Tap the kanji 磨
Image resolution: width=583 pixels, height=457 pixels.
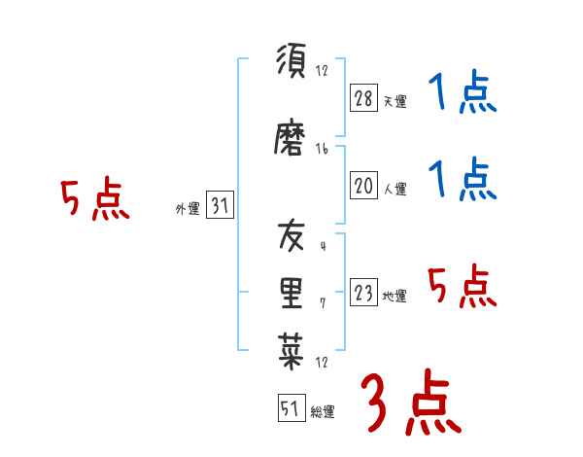pos(291,141)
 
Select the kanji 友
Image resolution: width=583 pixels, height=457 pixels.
pos(291,236)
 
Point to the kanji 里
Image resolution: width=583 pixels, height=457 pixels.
pos(291,292)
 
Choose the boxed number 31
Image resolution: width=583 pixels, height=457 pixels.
pos(220,206)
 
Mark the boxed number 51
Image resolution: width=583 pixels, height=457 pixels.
pos(291,409)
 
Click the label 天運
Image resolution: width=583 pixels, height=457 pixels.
pos(394,101)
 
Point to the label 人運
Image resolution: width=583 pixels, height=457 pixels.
pos(394,190)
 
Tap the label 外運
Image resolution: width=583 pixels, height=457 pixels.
pos(187,209)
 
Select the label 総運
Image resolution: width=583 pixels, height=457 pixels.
pos(323,412)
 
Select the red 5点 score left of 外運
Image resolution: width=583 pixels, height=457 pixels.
pos(94,200)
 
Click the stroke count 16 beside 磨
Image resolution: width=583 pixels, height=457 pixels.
pos(323,148)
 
